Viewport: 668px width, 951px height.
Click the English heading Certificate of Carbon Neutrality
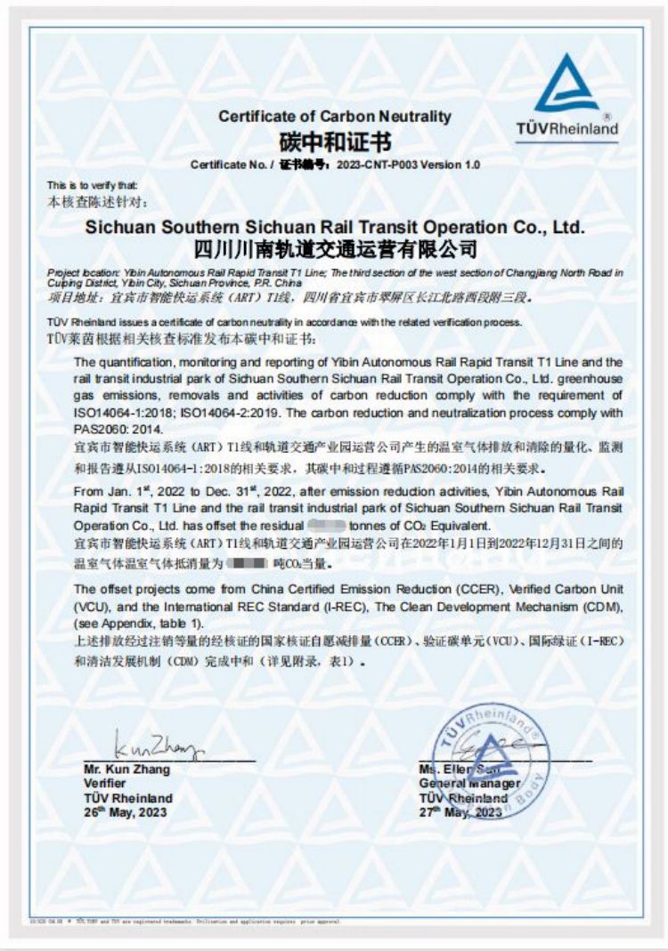335,117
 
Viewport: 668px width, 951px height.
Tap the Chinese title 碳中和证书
335,141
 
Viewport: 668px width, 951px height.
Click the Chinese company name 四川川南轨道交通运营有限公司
335,248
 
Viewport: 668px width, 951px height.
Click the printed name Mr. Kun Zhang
126,770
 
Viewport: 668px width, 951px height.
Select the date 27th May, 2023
461,811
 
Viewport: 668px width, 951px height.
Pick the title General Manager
469,784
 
